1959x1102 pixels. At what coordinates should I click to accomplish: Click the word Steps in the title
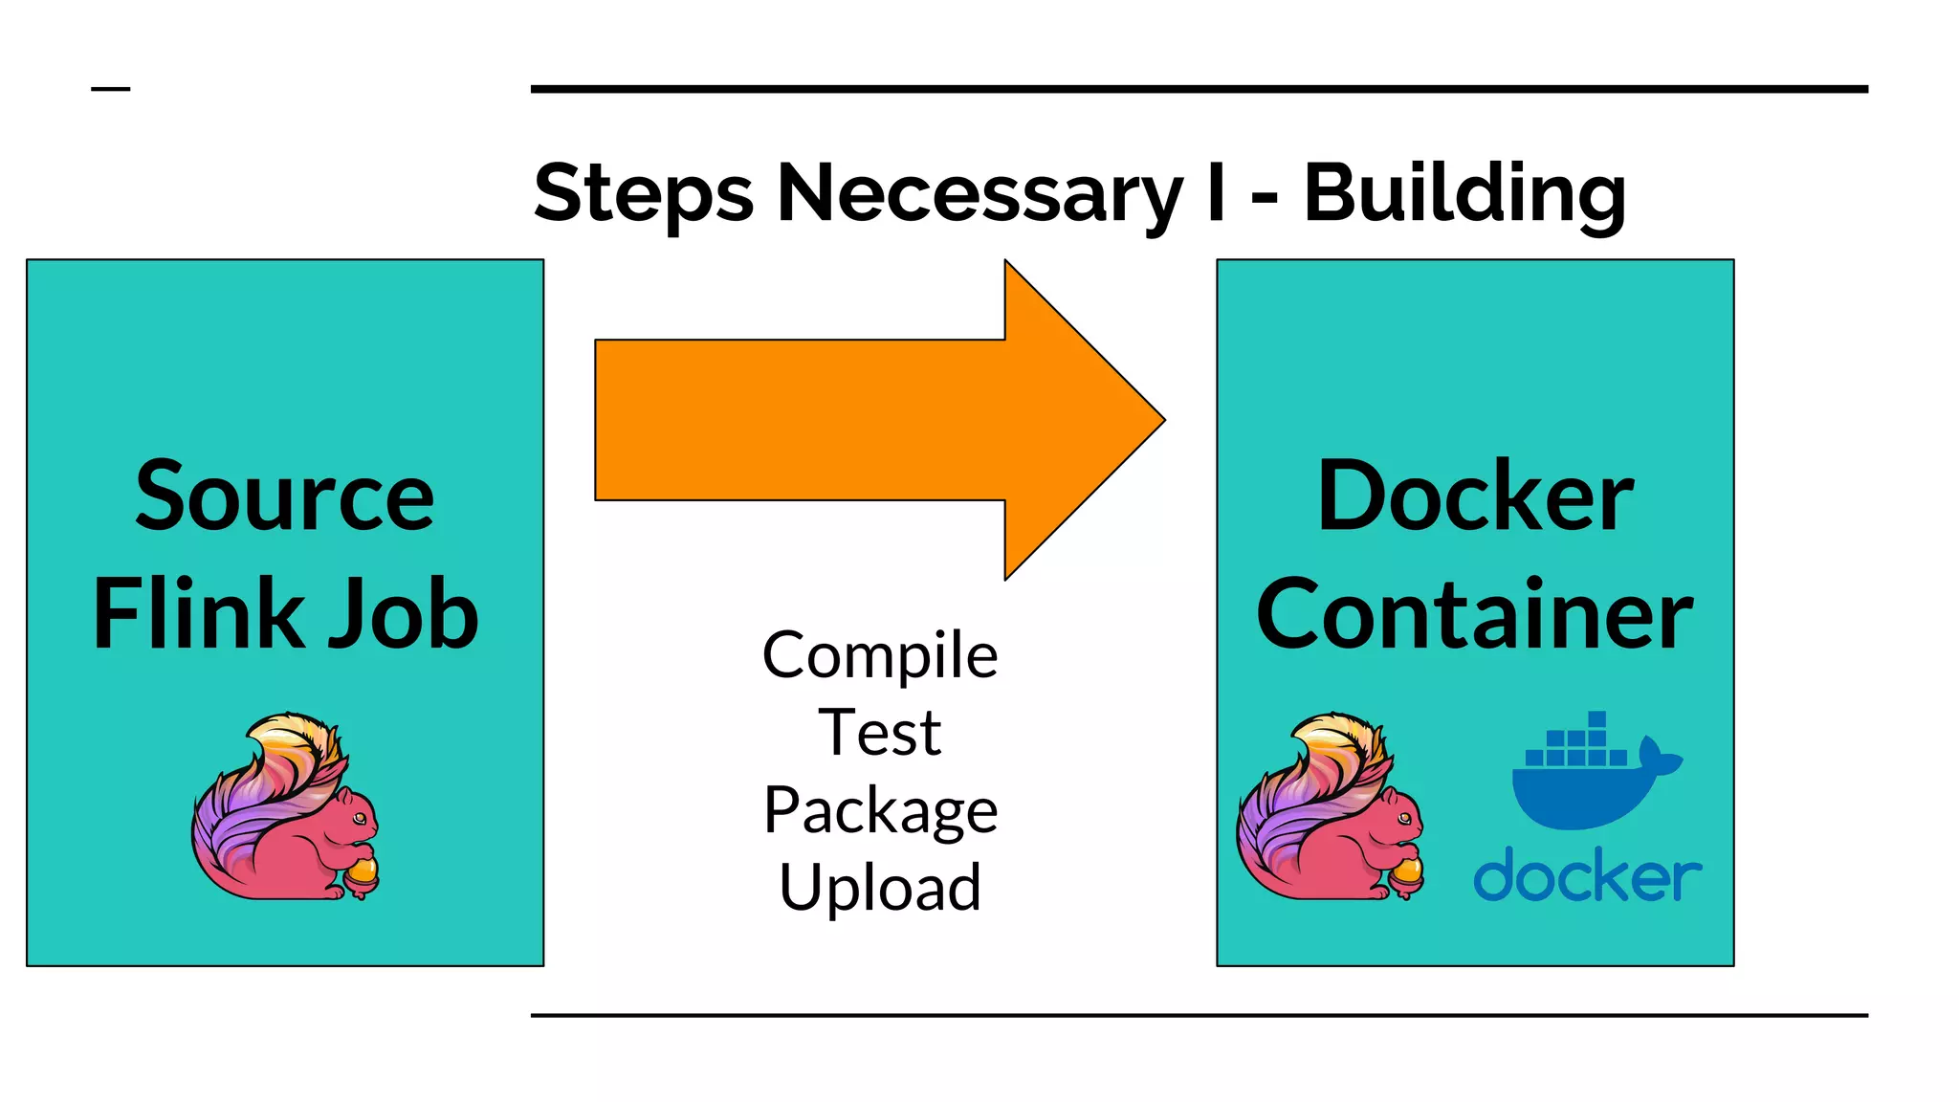pos(643,194)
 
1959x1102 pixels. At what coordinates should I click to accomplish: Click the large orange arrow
pos(861,420)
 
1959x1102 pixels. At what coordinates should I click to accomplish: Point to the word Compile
pos(880,656)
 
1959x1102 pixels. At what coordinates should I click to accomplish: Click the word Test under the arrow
pos(880,733)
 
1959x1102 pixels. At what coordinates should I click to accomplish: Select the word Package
pos(880,811)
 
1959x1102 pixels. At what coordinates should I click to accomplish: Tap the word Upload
pos(880,888)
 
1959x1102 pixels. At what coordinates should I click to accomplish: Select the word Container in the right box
pos(1474,614)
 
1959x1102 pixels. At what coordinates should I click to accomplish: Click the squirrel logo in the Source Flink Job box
pos(284,808)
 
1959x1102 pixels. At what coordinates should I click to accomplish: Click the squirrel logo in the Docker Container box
pos(1329,808)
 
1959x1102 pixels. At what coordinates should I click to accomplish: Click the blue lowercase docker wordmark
pos(1587,875)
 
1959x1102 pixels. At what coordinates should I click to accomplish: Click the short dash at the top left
pos(110,89)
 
